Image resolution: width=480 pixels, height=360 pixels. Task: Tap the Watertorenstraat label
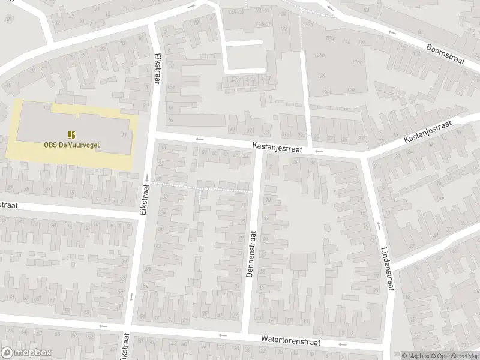290,340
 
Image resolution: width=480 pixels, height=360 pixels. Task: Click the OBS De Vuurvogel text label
71,144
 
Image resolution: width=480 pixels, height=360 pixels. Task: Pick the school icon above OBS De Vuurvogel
71,134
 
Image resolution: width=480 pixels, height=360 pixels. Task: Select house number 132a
308,25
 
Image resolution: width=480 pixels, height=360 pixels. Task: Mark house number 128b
327,92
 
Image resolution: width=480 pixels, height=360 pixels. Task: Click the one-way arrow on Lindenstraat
378,226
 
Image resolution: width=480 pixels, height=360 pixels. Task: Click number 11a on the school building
125,134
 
